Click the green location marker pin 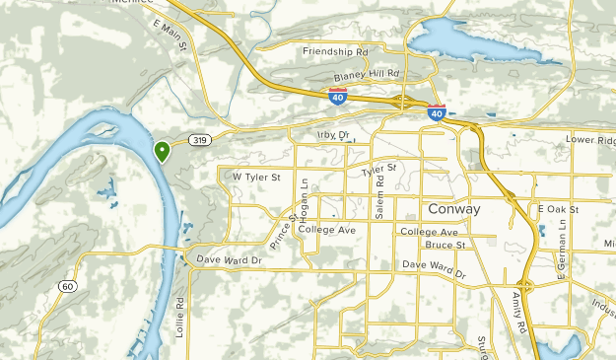(162, 151)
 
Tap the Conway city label (454, 210)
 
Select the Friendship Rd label (334, 50)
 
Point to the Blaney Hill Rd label (366, 74)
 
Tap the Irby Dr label (333, 135)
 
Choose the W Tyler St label (256, 177)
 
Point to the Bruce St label (445, 244)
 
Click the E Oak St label (559, 209)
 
